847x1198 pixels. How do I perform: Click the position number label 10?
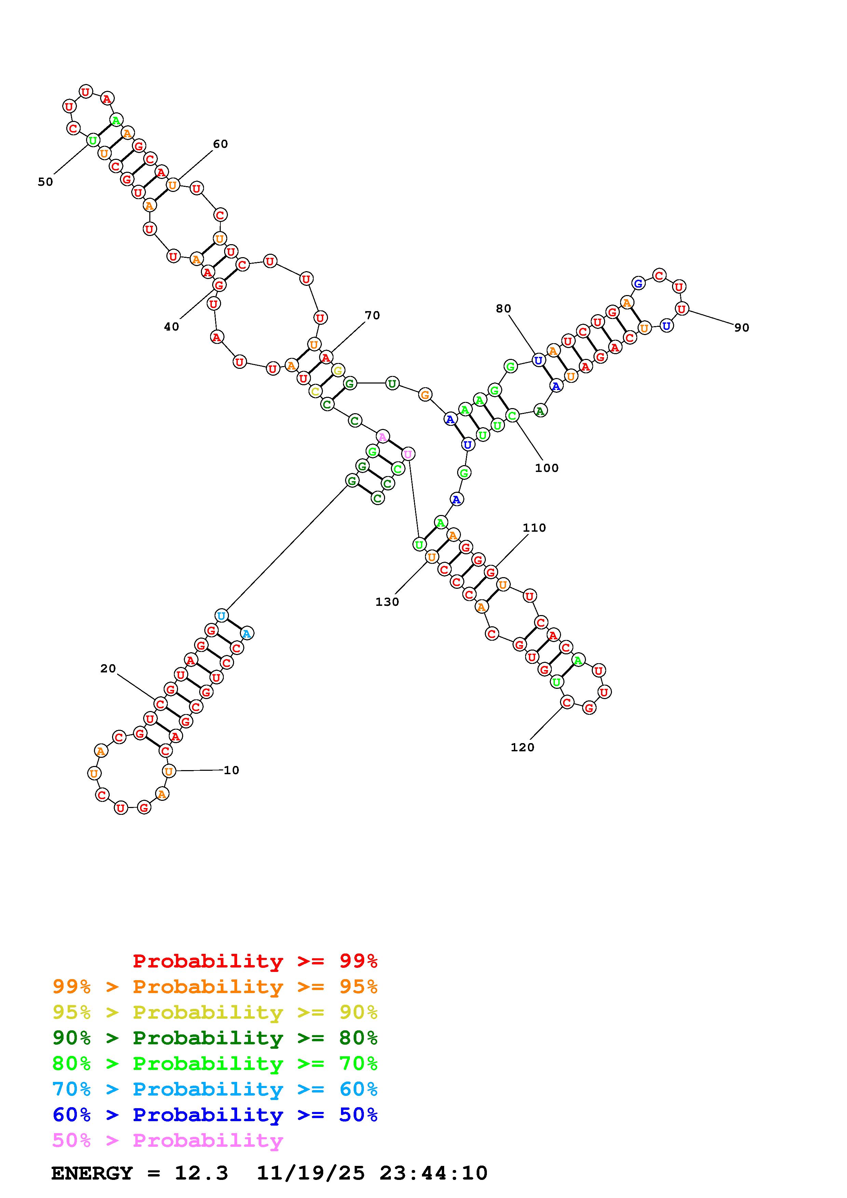231,770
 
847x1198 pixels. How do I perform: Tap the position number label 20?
108,668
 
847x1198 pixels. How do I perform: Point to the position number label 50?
45,182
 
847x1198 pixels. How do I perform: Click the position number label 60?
220,144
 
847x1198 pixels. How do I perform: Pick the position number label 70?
372,315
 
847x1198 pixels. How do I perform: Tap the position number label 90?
741,328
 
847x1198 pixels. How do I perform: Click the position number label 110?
534,528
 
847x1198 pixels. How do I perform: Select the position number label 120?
522,747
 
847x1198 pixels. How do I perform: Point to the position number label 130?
387,602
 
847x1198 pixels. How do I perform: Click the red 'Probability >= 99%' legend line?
255,961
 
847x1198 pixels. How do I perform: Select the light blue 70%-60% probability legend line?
215,1089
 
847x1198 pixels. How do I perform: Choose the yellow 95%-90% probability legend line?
215,1012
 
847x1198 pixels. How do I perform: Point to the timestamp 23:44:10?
433,1173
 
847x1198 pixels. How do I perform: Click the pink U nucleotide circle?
408,454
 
